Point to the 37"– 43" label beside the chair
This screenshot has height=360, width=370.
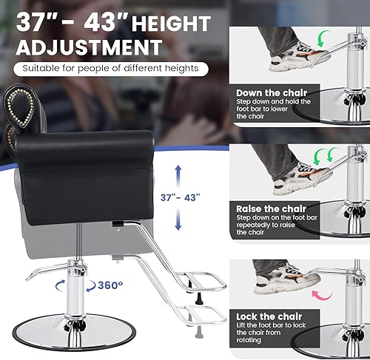181,199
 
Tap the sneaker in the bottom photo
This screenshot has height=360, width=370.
285,279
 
